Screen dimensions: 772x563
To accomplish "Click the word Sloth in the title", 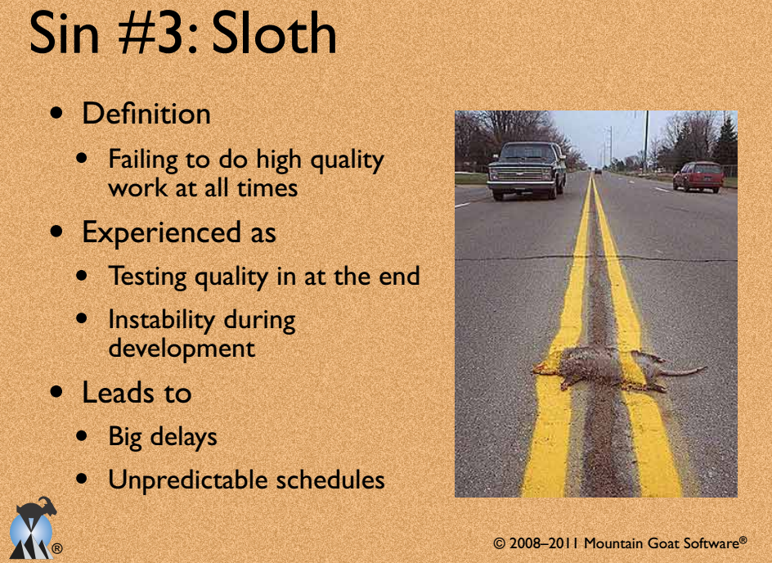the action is click(274, 34).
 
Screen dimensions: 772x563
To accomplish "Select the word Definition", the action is click(146, 113).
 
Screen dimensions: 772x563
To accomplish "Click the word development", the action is click(182, 349).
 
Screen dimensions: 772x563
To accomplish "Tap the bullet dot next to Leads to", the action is click(56, 392).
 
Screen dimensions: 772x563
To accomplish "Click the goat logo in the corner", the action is click(33, 528).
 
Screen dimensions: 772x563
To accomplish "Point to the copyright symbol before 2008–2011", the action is click(499, 543).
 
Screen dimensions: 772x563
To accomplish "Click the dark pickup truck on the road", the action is click(527, 169).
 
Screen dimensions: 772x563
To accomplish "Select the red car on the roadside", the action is click(698, 176).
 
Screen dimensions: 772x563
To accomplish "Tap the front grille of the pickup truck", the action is click(521, 173).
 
